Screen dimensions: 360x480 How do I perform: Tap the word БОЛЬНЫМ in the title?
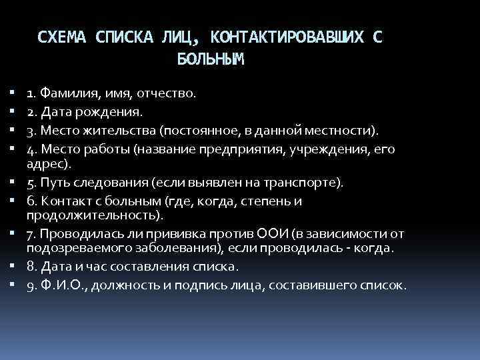click(211, 59)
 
